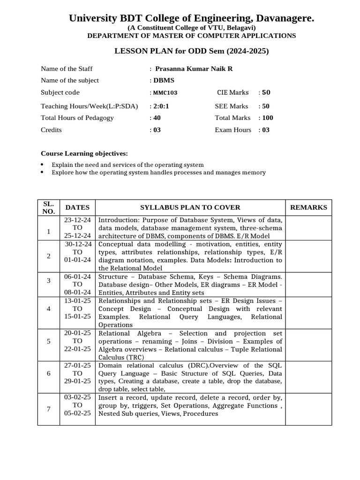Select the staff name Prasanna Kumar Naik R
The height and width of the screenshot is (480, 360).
click(194, 69)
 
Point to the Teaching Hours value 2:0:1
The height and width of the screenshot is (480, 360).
click(160, 106)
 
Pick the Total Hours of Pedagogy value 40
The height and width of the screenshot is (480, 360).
click(157, 118)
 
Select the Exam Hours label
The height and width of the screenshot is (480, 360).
click(233, 130)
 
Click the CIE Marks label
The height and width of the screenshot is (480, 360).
click(232, 93)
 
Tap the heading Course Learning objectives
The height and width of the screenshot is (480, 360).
click(84, 154)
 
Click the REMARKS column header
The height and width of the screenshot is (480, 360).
click(308, 207)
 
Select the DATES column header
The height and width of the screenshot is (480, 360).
click(77, 207)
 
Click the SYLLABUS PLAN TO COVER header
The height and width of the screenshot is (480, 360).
click(190, 207)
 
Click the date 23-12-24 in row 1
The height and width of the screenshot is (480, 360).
click(78, 219)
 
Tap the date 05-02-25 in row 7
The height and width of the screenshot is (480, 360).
click(78, 413)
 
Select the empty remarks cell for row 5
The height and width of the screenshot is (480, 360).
click(308, 345)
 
